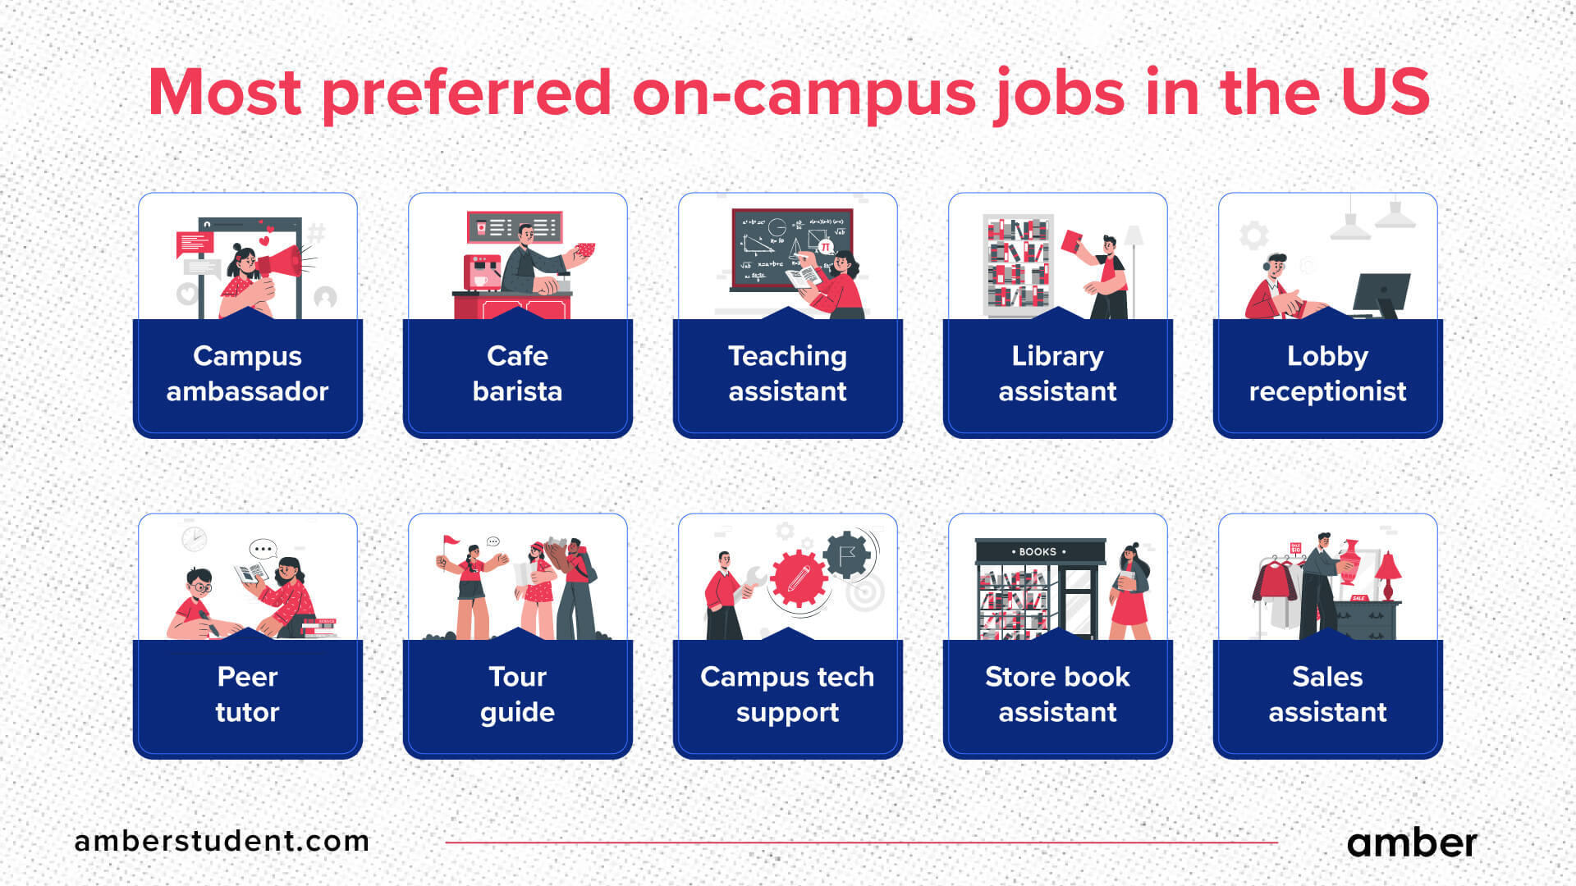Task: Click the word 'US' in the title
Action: [x=1385, y=92]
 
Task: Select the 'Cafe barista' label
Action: [x=517, y=373]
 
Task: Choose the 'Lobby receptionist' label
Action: [x=1327, y=373]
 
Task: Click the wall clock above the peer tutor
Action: [x=195, y=539]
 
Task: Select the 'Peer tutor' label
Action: [x=247, y=694]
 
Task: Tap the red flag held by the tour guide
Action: [x=451, y=542]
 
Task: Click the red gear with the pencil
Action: [x=798, y=579]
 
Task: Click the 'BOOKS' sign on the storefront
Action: [x=1038, y=551]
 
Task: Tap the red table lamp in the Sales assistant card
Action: [x=1388, y=570]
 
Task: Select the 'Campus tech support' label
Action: [x=787, y=694]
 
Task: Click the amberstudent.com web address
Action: [x=222, y=841]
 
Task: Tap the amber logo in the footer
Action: [x=1412, y=843]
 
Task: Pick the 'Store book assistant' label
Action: [x=1057, y=694]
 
